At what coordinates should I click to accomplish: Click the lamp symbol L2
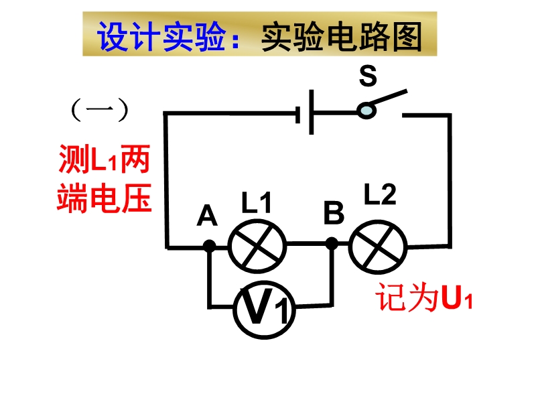378,246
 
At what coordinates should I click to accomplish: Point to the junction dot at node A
209,246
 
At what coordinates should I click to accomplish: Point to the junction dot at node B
331,244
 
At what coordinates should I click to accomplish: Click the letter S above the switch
367,76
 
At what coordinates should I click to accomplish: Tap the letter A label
208,216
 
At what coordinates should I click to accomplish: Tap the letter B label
333,214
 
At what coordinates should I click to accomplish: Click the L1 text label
257,203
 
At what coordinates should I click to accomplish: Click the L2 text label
380,194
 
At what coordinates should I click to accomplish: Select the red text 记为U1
423,299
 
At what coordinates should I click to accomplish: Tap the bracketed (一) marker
99,111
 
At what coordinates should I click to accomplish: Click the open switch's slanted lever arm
389,99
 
